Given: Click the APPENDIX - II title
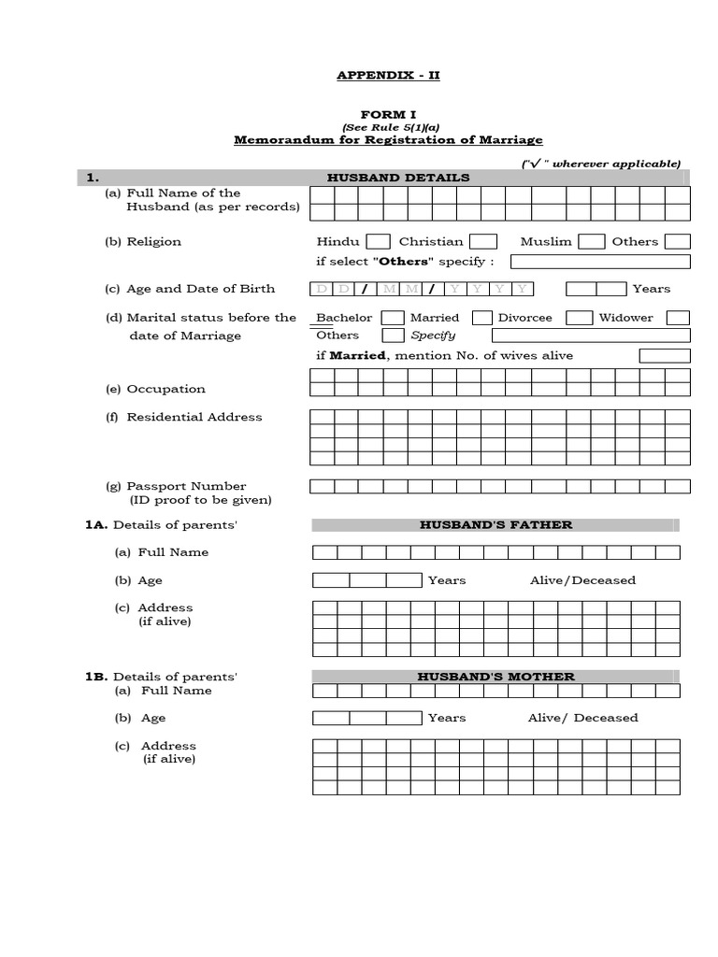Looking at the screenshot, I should click(387, 75).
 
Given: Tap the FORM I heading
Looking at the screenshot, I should click(387, 114).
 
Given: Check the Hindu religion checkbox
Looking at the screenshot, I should click(378, 242).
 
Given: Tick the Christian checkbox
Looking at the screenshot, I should click(482, 242).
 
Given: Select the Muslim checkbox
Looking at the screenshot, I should click(591, 242).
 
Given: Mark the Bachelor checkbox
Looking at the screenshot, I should click(393, 318).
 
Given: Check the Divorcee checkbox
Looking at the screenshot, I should click(580, 318).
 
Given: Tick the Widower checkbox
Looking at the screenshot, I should click(678, 318).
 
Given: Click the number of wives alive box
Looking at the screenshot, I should click(665, 356).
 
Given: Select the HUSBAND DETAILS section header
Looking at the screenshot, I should click(398, 178).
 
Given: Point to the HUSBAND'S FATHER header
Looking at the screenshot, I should click(495, 525).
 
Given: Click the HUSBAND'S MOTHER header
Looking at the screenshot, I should click(495, 677).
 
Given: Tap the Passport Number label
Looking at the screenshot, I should click(186, 486).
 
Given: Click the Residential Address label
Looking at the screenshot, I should click(194, 417).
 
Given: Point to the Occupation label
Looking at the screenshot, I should click(165, 389).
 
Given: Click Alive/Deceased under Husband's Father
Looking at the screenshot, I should click(582, 580).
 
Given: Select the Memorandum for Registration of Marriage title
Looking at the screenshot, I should click(387, 139).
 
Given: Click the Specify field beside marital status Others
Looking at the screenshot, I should click(590, 336).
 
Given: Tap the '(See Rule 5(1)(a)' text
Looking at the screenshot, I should click(387, 127).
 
